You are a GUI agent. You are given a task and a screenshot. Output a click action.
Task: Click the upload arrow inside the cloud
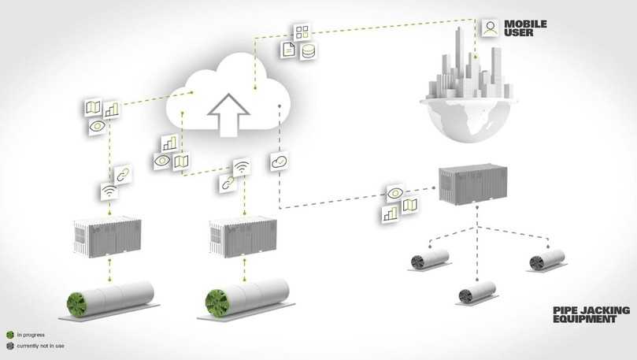[x=224, y=113]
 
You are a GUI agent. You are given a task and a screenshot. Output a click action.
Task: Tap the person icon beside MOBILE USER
[x=490, y=28]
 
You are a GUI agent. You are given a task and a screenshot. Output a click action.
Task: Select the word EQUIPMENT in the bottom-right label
[x=591, y=320]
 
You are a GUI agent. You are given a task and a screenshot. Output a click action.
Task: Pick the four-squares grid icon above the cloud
[x=302, y=32]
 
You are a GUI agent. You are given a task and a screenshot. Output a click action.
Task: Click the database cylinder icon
[x=309, y=50]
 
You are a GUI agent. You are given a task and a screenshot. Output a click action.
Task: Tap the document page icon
[x=290, y=49]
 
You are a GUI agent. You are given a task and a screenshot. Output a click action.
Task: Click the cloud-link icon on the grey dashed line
[x=279, y=161]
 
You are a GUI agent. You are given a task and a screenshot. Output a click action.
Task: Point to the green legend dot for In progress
[x=9, y=334]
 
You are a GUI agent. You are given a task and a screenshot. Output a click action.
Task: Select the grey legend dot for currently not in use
[x=9, y=346]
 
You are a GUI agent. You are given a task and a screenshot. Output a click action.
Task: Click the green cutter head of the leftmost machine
[x=76, y=303]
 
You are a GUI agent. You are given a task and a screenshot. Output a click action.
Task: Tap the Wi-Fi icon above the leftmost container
[x=109, y=190]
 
